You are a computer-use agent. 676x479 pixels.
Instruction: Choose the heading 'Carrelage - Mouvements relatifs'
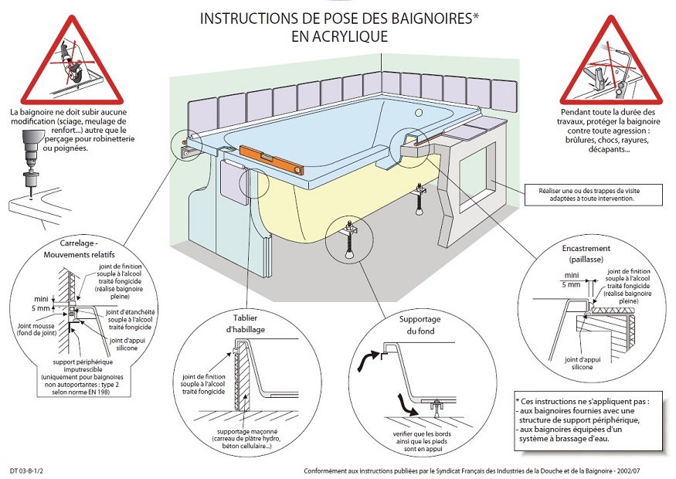tap(65, 248)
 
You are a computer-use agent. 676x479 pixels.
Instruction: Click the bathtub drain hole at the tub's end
tap(418, 113)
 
